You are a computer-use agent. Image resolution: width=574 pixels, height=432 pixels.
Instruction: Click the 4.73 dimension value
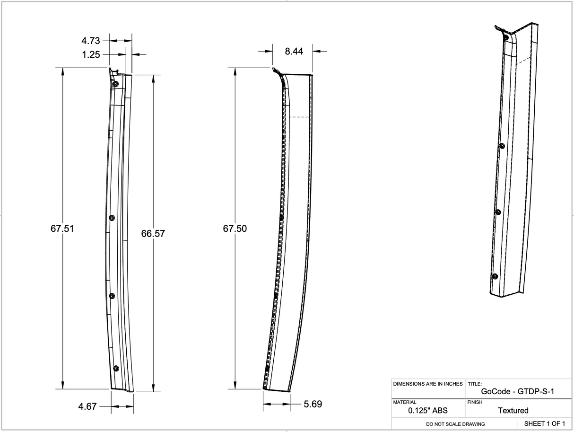coord(90,41)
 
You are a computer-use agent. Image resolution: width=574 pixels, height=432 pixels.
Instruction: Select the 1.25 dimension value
coord(91,54)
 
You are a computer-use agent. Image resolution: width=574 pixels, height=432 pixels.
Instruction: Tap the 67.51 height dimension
coord(62,229)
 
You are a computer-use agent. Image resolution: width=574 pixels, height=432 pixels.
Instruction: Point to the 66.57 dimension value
coord(153,233)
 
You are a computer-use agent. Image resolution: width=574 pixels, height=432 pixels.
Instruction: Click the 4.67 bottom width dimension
coord(87,406)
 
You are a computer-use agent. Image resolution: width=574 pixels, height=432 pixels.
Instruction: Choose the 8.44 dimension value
coord(294,51)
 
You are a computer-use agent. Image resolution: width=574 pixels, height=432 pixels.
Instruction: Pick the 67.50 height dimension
coord(235,229)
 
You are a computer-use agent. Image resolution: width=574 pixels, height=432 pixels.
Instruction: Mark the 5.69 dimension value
coord(313,404)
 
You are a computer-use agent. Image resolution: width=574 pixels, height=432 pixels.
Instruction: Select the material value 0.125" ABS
coord(427,410)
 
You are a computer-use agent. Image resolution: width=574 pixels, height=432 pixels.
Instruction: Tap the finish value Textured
coord(513,410)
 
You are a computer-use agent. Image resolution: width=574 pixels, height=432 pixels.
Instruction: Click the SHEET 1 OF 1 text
coord(544,423)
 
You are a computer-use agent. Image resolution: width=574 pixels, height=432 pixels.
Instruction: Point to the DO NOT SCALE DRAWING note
coord(455,424)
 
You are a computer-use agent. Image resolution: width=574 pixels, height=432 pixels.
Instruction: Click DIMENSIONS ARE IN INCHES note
coord(428,384)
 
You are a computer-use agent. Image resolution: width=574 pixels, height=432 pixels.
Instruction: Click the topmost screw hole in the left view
coord(115,84)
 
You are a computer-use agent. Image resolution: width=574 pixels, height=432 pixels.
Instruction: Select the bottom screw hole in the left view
coord(116,368)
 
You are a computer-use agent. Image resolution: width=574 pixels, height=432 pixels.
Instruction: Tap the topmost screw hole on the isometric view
coord(506,37)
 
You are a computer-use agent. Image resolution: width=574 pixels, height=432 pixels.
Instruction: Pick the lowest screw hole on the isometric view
coord(495,276)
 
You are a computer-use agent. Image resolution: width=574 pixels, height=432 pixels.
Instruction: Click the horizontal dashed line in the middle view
coord(299,117)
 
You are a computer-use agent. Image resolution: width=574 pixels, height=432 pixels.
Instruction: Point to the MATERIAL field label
coord(405,402)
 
